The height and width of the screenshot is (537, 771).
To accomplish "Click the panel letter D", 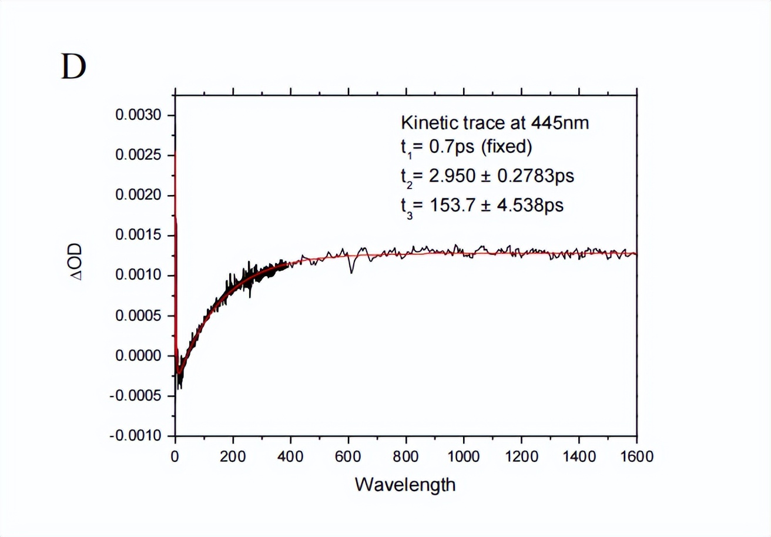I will [x=73, y=68].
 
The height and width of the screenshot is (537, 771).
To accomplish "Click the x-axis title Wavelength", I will [x=405, y=485].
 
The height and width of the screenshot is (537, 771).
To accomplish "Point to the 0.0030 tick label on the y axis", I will [x=137, y=115].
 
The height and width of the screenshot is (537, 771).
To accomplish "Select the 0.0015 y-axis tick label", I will [x=137, y=236].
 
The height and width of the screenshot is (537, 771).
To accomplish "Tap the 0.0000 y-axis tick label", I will [x=137, y=356].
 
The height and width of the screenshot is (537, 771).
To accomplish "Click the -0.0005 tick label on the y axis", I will [x=135, y=396].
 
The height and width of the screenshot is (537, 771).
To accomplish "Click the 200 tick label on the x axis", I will [x=233, y=457].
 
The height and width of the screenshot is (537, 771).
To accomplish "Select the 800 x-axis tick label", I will [x=406, y=457].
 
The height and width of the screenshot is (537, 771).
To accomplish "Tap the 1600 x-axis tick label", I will [x=636, y=457].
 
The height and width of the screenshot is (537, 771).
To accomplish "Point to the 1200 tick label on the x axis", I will [x=521, y=457].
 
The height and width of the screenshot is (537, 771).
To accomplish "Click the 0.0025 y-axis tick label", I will [x=137, y=156].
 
